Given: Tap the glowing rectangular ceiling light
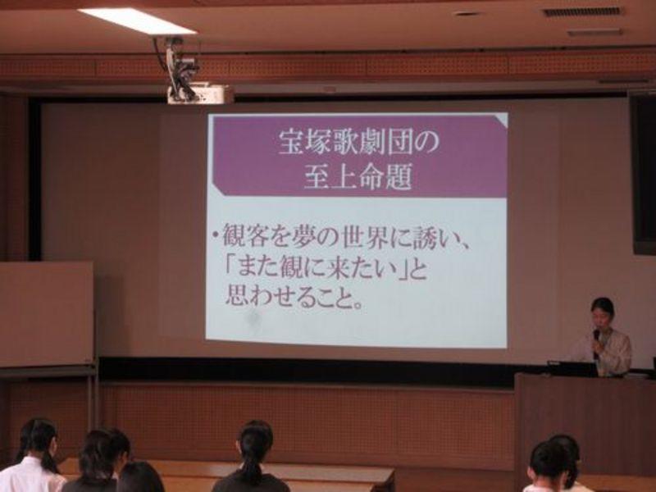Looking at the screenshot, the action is (137, 21).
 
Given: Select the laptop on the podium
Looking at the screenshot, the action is (572, 368).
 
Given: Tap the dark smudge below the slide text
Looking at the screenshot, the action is (253, 319).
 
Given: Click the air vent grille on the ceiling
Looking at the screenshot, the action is (583, 12).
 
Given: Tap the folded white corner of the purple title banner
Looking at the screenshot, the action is (500, 119).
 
